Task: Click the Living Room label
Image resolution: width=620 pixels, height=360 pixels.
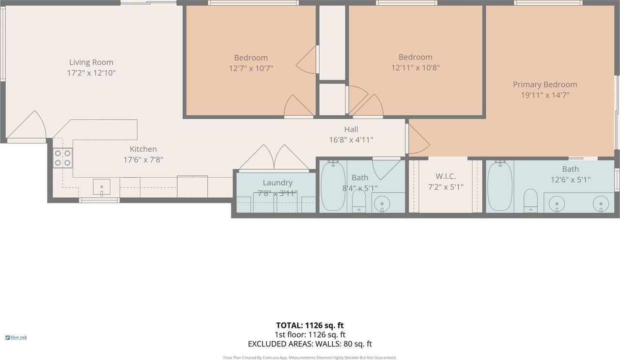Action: coord(91,62)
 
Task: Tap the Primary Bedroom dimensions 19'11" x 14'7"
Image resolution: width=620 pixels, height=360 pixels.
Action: coord(544,95)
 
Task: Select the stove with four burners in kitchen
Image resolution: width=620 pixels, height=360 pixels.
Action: coord(62,158)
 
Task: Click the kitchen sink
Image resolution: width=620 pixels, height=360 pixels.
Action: coord(102,187)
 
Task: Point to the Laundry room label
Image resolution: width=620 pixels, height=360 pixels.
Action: coord(278,183)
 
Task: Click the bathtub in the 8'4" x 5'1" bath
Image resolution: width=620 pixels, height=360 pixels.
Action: coord(333,186)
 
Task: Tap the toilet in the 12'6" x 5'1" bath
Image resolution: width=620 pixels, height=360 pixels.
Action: coord(530,200)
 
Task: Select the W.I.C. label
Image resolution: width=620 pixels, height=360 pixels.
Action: coord(445,176)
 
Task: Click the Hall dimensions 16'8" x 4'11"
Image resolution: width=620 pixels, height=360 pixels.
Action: coord(351,140)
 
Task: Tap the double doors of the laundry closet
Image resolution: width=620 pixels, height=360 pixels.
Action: coord(274,159)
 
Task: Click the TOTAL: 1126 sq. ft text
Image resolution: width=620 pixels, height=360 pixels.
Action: coord(310,326)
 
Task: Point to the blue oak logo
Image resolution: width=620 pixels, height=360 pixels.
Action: coord(16,337)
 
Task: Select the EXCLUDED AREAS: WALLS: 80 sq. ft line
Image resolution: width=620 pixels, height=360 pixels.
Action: coord(310,344)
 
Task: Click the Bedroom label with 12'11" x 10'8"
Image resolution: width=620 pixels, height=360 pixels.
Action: coord(415,57)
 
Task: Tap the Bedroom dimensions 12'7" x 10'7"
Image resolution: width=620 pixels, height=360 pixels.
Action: coord(251,68)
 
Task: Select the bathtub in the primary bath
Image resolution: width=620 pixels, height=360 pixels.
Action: coord(499,186)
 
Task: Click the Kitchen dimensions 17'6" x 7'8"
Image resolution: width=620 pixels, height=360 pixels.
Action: coord(143,159)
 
